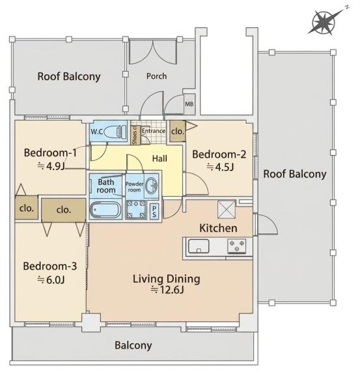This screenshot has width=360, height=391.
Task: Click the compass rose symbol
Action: [324, 22]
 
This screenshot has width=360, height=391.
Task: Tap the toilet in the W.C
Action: [115, 132]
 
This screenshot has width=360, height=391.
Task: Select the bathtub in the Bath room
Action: [105, 210]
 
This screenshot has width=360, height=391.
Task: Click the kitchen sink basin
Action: [199, 246]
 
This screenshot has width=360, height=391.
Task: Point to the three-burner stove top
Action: [237, 246]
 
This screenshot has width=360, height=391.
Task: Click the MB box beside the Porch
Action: [189, 104]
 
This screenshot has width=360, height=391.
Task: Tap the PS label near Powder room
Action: [154, 211]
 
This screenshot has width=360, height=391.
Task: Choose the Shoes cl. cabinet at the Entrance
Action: [135, 135]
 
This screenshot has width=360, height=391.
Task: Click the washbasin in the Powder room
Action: [152, 186]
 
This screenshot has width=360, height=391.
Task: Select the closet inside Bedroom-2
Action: [178, 131]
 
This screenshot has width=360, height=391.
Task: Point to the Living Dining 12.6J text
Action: [167, 284]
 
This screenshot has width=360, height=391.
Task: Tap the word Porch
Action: [156, 76]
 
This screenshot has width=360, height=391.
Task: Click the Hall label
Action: [159, 158]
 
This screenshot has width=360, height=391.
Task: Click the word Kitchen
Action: [218, 228]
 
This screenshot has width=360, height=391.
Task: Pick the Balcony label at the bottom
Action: [133, 345]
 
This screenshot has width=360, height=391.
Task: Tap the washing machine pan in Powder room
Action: [136, 210]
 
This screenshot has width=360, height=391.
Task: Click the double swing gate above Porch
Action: [153, 51]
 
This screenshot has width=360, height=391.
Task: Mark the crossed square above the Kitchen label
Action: [227, 209]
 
